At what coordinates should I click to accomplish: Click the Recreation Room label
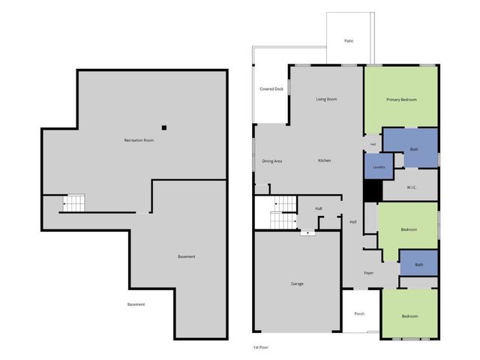139,140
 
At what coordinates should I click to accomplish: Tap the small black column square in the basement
164,127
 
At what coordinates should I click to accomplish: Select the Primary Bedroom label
401,100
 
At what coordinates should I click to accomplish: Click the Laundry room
379,166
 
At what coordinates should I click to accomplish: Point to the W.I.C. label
412,187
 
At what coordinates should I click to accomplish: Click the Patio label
349,40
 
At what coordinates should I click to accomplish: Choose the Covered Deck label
271,89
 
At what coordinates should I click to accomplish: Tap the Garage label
297,283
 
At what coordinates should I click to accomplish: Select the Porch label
359,313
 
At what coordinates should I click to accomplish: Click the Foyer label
368,273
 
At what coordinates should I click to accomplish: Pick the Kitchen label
324,160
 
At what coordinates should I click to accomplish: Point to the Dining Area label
271,161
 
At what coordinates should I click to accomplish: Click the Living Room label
326,99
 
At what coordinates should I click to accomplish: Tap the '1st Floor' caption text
260,347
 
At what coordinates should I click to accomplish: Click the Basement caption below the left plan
136,304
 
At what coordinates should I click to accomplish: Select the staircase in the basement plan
73,203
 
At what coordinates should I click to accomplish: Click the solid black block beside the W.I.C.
373,190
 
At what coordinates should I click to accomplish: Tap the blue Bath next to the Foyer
418,263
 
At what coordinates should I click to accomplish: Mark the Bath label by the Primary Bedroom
414,149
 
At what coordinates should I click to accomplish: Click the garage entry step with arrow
307,233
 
